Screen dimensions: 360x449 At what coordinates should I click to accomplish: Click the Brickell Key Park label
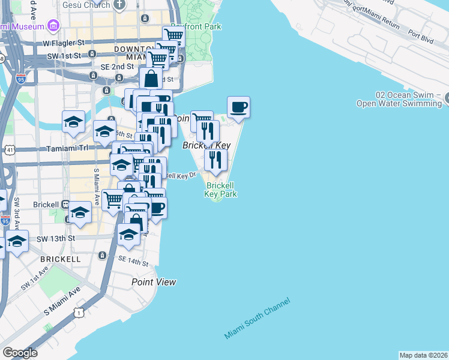pos(220,190)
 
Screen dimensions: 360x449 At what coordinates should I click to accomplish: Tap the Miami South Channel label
pos(257,318)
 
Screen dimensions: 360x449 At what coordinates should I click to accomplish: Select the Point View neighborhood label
pos(154,282)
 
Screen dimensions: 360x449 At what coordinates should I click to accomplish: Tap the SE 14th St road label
pos(133,262)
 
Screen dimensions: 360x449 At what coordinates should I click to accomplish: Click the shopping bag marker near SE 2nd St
pos(151,78)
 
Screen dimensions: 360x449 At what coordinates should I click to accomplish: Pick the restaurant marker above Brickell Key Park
pos(215,160)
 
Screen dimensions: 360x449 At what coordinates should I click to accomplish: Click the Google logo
pos(20,353)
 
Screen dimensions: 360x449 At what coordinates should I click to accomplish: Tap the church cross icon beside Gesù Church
pos(119,5)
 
